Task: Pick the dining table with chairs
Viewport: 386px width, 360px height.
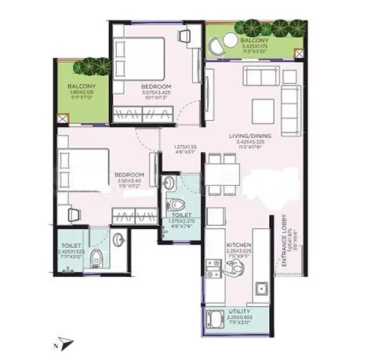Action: click(221, 167)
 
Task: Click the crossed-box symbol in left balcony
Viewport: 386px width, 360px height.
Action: click(63, 118)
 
